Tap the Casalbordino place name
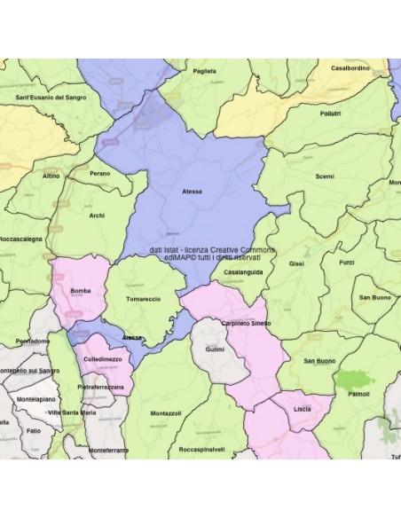[350, 67]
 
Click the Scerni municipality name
[324, 177]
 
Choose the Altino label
[51, 176]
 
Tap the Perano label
[100, 173]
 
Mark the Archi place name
[97, 215]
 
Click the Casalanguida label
[243, 272]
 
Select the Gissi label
[296, 263]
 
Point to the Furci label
[346, 263]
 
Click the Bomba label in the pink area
[80, 291]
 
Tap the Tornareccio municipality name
[144, 300]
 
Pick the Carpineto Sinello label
[246, 324]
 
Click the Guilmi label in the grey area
[214, 350]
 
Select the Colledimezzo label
[102, 359]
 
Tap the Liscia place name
[303, 409]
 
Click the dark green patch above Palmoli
[355, 379]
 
